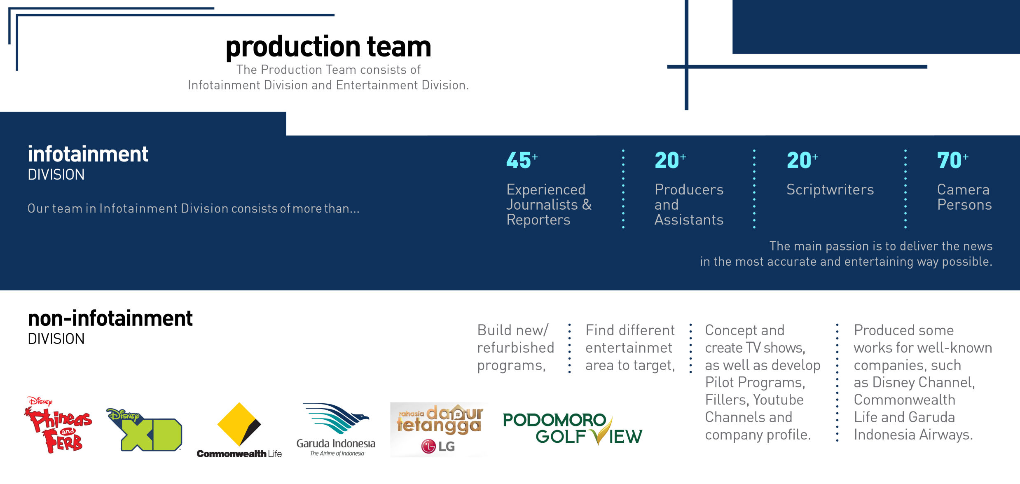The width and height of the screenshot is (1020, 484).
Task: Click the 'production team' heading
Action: (x=328, y=47)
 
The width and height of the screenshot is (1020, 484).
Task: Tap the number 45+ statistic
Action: (x=521, y=160)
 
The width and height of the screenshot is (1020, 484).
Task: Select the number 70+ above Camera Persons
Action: (x=952, y=160)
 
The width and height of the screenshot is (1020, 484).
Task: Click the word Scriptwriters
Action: (x=830, y=189)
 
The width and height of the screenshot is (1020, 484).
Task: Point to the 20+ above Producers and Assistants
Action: (x=669, y=160)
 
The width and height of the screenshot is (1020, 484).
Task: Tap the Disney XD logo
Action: (x=145, y=430)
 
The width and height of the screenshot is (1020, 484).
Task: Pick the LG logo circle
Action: (x=428, y=446)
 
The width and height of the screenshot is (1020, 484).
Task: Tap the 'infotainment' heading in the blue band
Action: (x=88, y=154)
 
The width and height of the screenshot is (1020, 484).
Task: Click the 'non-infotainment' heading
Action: (x=110, y=318)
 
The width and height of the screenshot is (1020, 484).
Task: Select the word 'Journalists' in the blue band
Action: (x=542, y=205)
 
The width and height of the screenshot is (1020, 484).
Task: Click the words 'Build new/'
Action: (x=513, y=330)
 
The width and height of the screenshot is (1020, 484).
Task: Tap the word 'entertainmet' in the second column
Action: (x=629, y=348)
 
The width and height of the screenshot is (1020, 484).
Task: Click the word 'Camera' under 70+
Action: (x=963, y=189)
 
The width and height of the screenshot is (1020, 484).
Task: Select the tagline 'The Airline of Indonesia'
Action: (x=337, y=454)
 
